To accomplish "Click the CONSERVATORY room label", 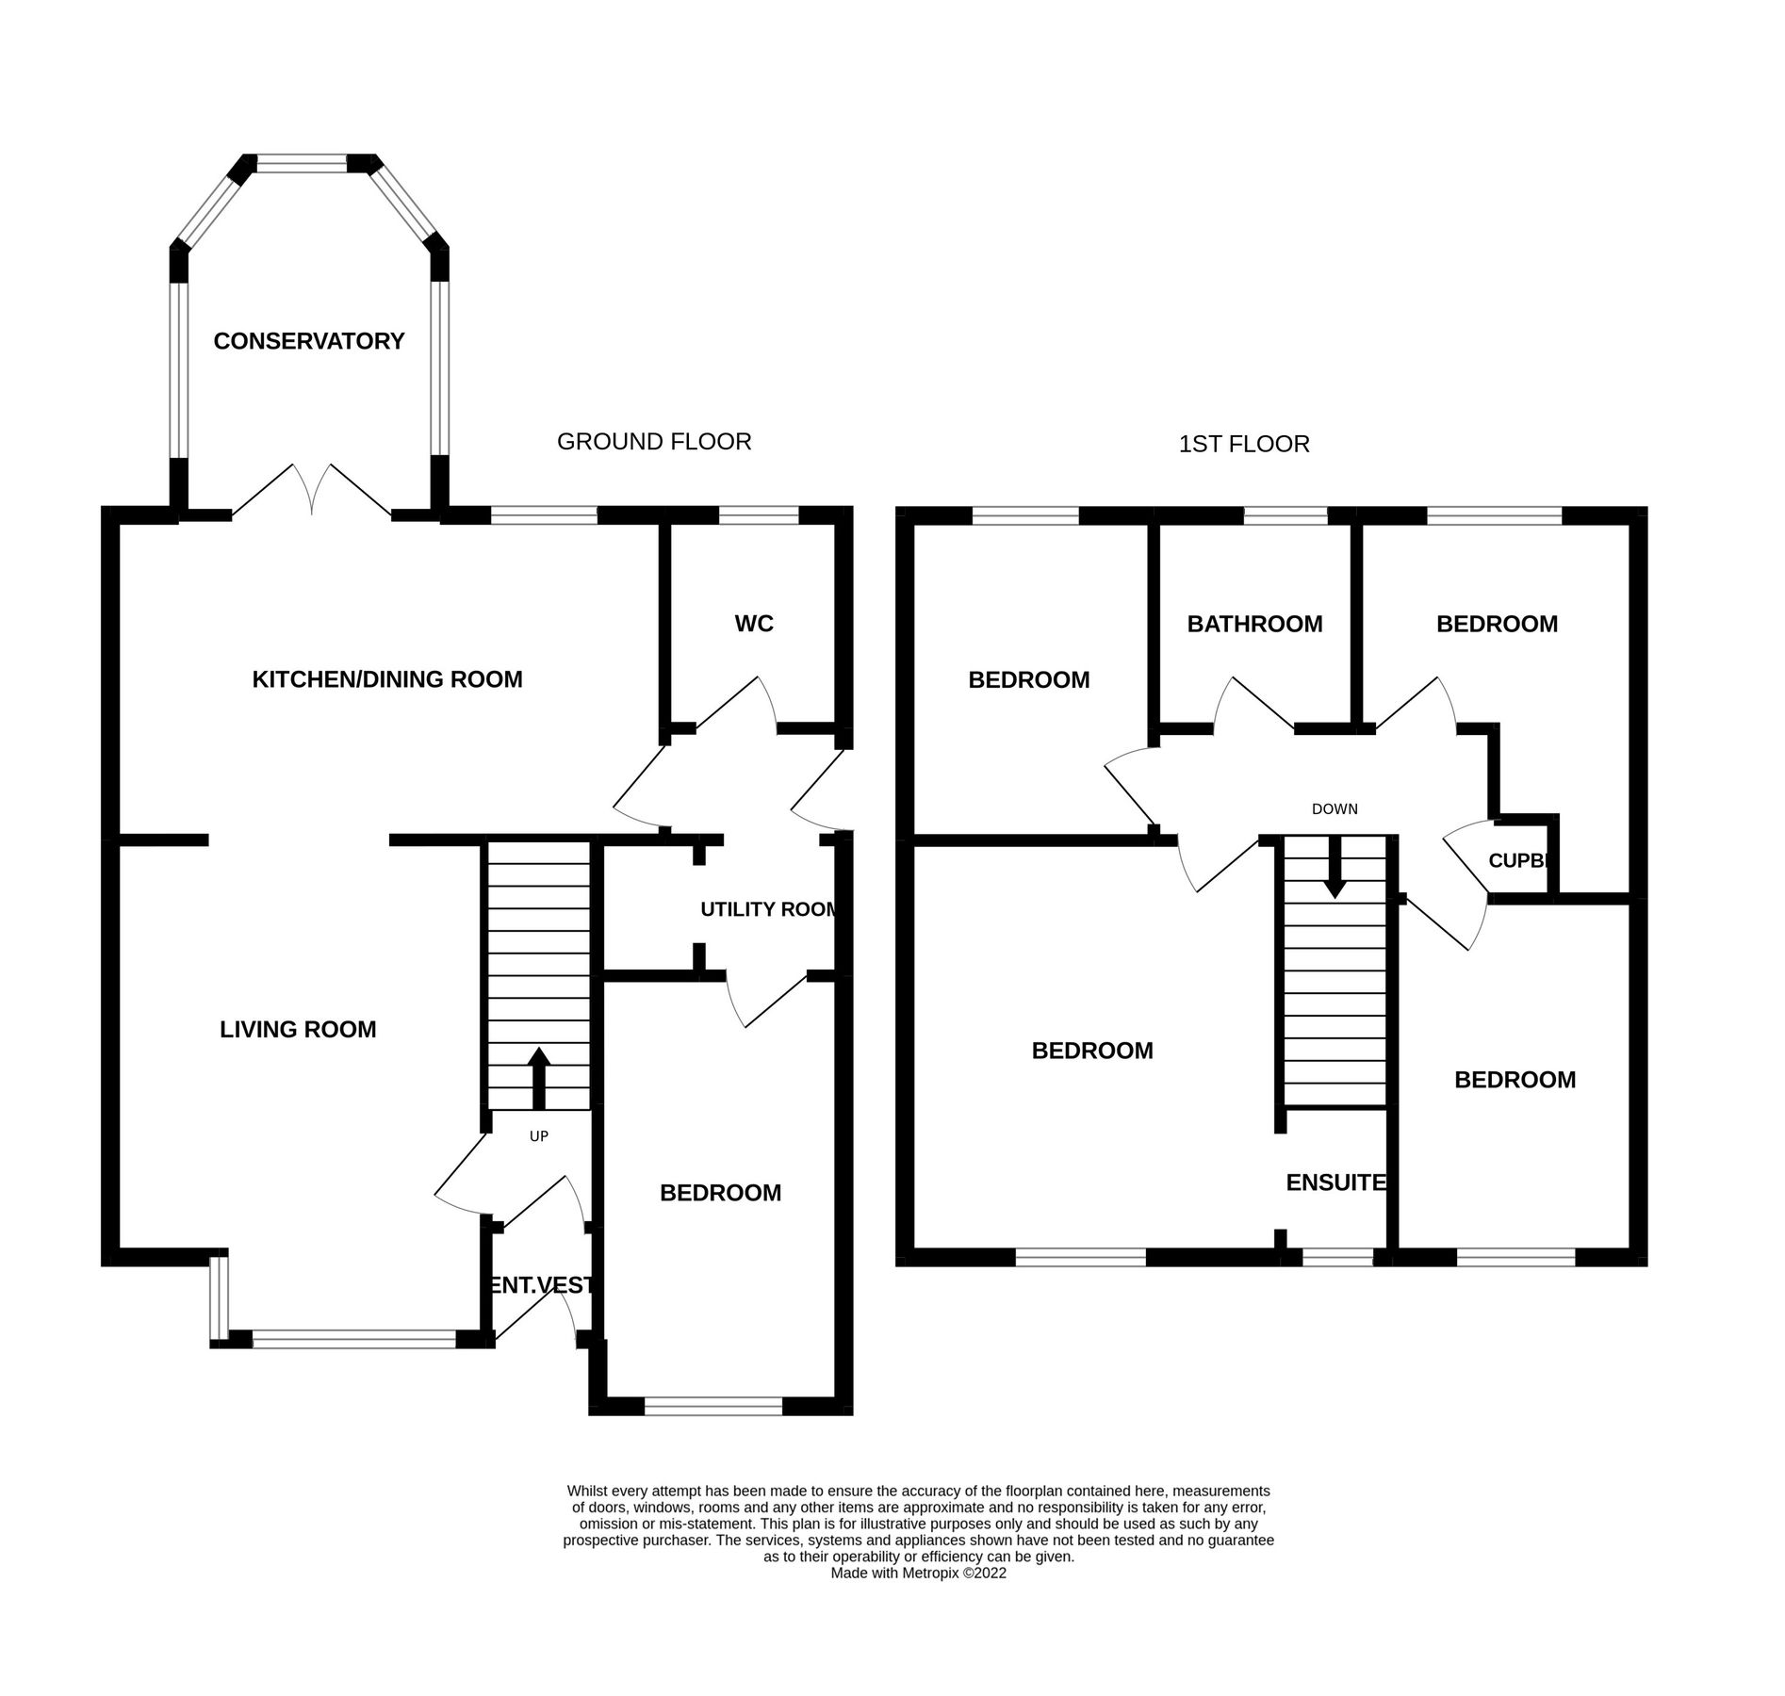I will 308,341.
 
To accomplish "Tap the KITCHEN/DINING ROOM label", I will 386,679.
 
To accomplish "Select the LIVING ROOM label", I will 298,1030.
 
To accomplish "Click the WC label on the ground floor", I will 754,624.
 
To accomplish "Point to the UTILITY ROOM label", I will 768,909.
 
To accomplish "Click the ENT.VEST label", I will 538,1285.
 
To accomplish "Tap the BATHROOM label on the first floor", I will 1254,624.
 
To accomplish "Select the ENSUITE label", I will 1335,1182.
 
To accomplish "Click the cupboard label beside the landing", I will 1517,860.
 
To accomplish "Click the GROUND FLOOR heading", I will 654,441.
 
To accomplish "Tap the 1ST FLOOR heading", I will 1244,444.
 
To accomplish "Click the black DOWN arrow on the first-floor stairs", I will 1335,868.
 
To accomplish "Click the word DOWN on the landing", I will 1335,809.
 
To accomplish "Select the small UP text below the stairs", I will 539,1136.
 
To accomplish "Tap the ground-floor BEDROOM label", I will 720,1193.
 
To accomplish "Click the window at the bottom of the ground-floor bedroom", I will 713,1406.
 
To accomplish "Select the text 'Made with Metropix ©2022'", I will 918,1573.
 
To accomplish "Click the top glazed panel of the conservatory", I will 303,164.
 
